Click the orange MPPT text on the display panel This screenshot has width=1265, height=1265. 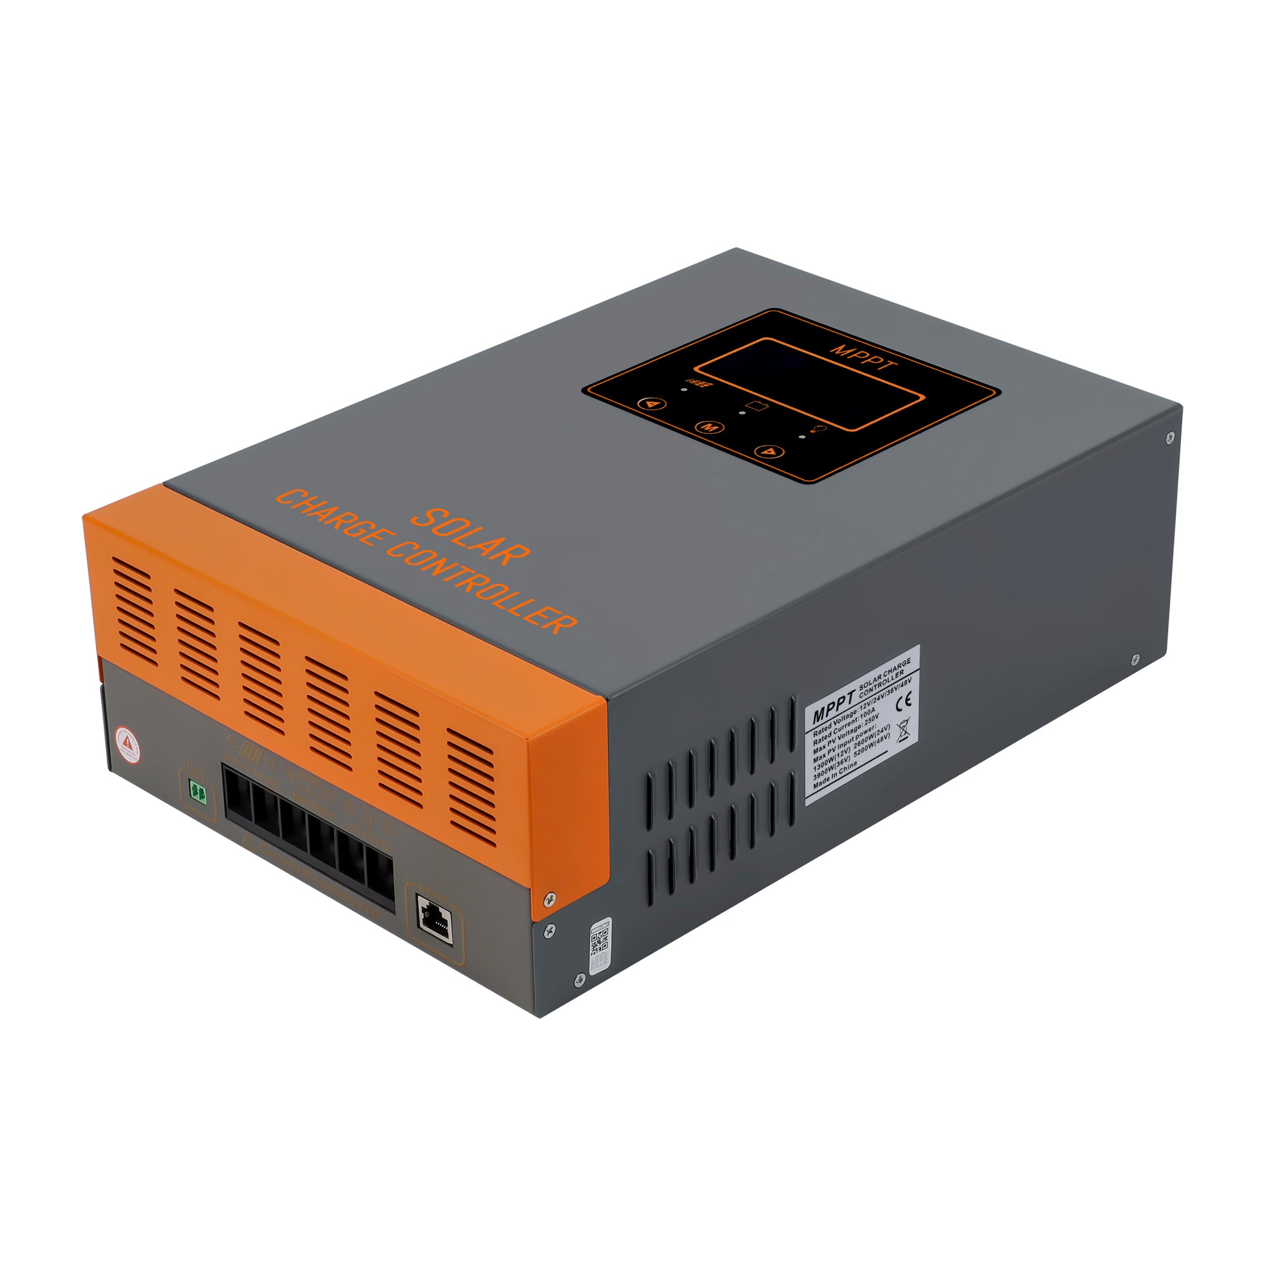point(863,357)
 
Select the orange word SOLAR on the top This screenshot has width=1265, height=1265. point(469,537)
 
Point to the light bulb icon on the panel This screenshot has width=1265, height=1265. point(818,429)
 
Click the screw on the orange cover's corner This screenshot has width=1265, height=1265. point(551,896)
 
